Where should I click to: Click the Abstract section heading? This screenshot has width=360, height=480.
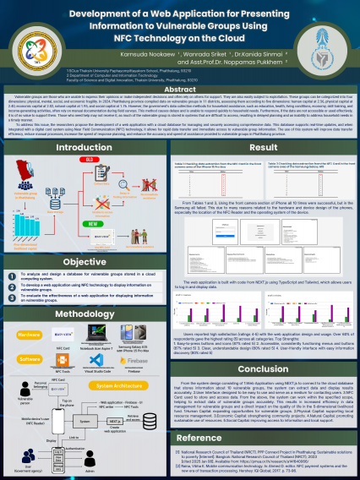[x=179, y=89]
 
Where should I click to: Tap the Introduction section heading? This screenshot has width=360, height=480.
[x=85, y=124]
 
